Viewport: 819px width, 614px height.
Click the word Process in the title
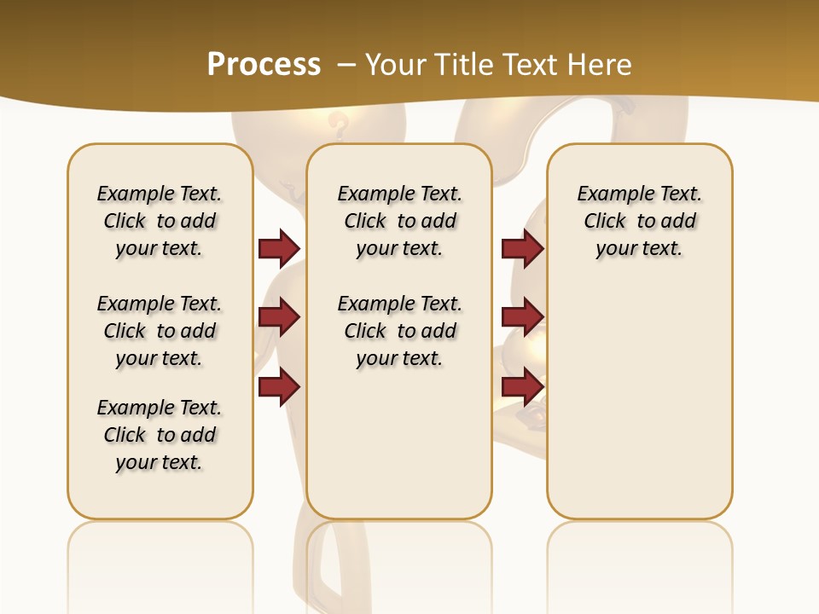[264, 65]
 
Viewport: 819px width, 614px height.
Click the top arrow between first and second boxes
[279, 248]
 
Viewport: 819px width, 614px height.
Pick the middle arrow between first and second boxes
[279, 317]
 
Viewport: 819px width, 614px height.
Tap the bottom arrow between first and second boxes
[279, 386]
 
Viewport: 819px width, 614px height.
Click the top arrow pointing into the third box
[522, 248]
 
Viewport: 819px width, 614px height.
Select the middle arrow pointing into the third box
[522, 317]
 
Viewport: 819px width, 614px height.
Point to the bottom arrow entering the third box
[522, 386]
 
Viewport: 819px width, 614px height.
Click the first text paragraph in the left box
[160, 221]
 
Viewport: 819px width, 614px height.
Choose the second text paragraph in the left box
[160, 331]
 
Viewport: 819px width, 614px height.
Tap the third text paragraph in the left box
[160, 435]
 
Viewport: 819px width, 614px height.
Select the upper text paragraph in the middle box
[399, 221]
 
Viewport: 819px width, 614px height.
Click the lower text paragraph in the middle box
[399, 331]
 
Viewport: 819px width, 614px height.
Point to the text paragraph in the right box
[639, 221]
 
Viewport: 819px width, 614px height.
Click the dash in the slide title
[346, 65]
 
